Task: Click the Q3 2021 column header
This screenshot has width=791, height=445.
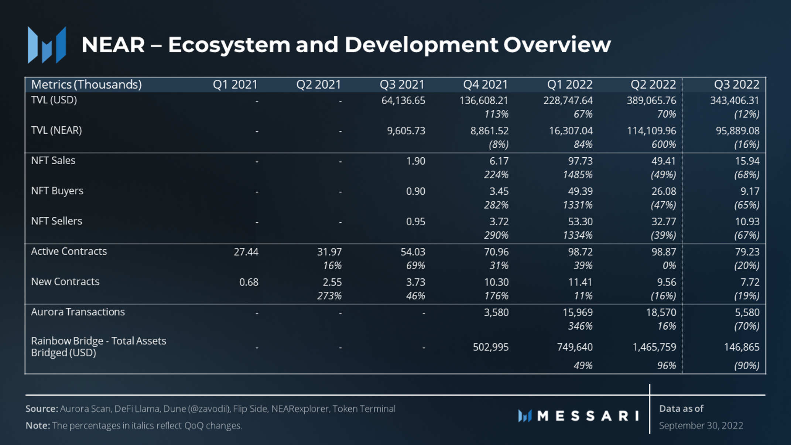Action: (x=402, y=85)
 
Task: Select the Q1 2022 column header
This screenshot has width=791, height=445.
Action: (x=569, y=85)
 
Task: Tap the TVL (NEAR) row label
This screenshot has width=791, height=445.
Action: (x=56, y=130)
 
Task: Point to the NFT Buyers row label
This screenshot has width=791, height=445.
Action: (x=57, y=191)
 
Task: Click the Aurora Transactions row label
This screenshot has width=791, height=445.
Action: (x=78, y=312)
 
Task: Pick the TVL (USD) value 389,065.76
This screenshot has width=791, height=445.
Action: (x=651, y=100)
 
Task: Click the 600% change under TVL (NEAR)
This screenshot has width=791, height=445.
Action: (x=664, y=144)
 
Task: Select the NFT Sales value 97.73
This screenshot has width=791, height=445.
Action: (x=580, y=161)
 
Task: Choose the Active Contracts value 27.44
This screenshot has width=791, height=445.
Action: (x=246, y=252)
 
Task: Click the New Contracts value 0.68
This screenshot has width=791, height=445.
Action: (x=249, y=282)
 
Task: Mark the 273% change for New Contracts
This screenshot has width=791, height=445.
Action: (x=329, y=296)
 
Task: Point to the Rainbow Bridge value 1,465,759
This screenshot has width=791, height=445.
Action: (x=654, y=347)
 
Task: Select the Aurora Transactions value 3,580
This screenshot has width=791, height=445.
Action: (x=496, y=312)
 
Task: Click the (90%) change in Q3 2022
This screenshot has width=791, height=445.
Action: (x=746, y=366)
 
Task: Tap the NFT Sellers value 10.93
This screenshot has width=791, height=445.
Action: (x=747, y=222)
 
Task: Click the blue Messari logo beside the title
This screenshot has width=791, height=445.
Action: (x=47, y=45)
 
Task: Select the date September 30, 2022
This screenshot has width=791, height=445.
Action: (x=701, y=426)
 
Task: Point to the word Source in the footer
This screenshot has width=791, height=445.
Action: (x=41, y=409)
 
